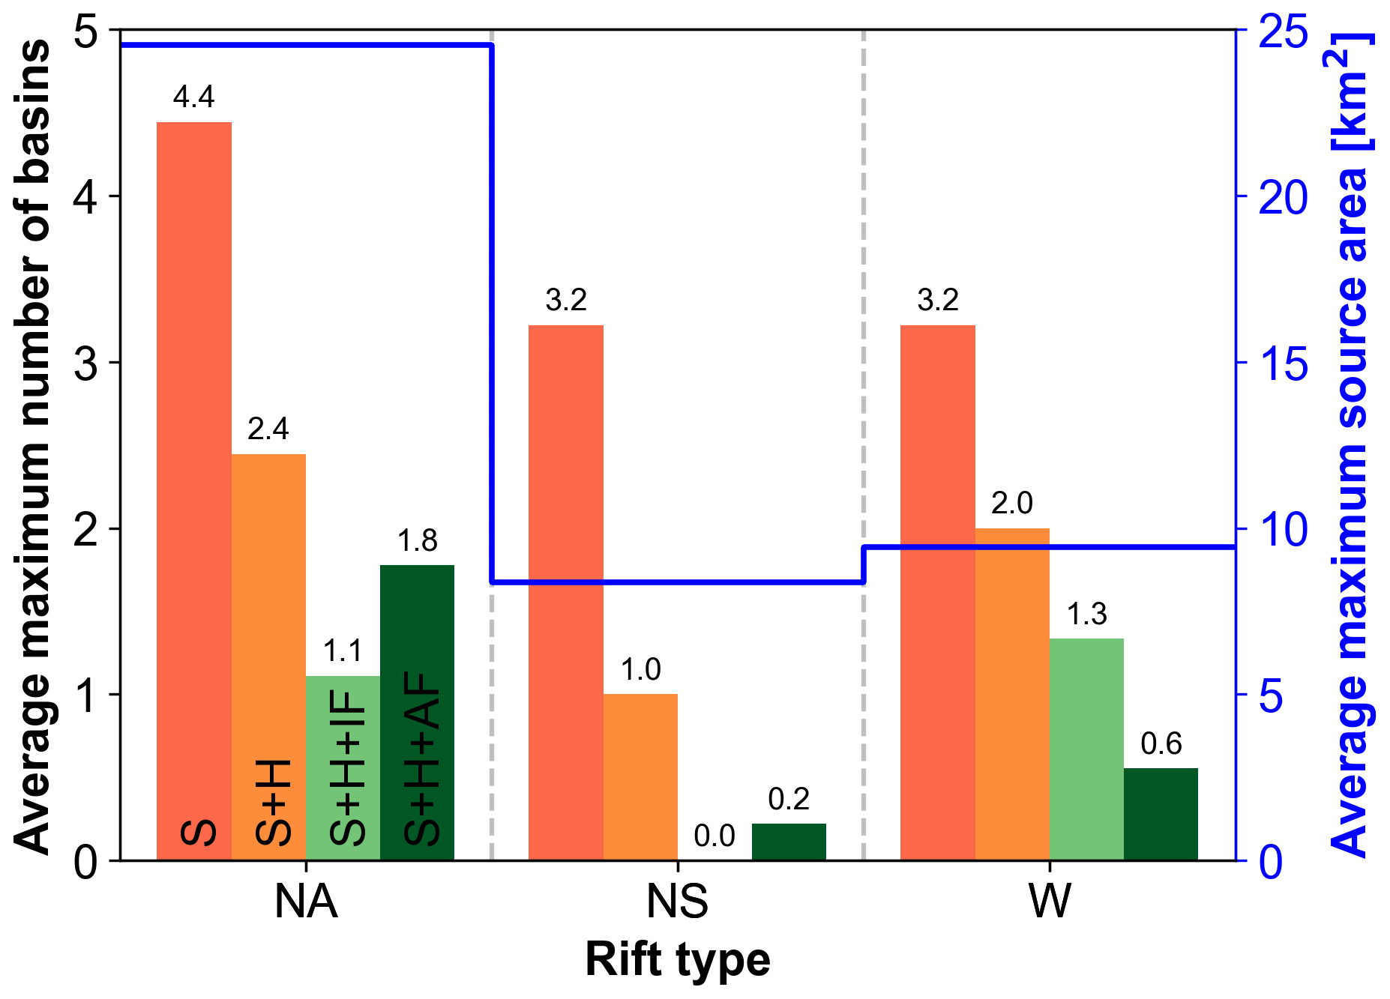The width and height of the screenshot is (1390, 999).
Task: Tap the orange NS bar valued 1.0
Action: click(x=640, y=776)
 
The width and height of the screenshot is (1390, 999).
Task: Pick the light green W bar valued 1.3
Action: click(x=1086, y=749)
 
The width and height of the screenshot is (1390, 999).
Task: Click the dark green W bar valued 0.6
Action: click(x=1161, y=814)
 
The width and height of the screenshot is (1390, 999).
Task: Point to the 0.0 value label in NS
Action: click(x=714, y=836)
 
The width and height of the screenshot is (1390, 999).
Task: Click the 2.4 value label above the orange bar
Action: click(x=268, y=429)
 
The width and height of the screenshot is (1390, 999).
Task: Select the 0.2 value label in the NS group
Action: click(x=789, y=800)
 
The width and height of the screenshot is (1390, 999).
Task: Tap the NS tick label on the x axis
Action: click(x=677, y=902)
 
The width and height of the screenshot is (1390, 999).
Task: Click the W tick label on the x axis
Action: click(x=1050, y=902)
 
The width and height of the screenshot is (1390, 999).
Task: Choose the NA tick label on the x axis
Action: click(x=306, y=902)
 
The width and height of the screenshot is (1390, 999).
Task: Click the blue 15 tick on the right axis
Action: click(x=1283, y=364)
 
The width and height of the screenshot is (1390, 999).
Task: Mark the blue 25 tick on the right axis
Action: click(x=1283, y=32)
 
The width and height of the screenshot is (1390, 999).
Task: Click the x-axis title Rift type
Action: click(x=677, y=960)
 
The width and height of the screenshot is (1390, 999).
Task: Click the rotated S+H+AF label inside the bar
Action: click(x=421, y=758)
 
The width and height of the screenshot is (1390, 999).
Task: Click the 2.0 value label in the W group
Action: click(x=1012, y=503)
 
